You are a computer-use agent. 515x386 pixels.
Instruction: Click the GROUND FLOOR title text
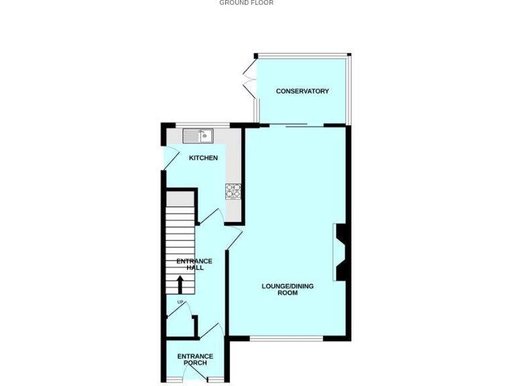[246, 3]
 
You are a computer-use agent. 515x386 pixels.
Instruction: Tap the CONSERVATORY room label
[302, 91]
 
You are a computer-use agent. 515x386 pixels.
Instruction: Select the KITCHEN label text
[203, 158]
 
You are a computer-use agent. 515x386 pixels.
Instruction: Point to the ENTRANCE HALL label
[194, 265]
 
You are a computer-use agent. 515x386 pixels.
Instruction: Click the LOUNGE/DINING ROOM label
[287, 289]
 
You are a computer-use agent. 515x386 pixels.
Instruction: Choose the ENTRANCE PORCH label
[195, 360]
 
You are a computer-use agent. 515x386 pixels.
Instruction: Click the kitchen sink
[198, 136]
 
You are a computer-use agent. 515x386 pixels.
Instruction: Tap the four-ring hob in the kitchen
[233, 191]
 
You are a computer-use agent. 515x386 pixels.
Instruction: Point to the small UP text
[180, 302]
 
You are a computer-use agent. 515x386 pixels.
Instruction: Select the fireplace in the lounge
[340, 252]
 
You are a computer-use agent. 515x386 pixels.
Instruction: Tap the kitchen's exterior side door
[170, 158]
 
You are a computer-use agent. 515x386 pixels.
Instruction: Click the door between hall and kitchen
[211, 216]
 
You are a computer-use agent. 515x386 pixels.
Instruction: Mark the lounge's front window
[286, 338]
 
